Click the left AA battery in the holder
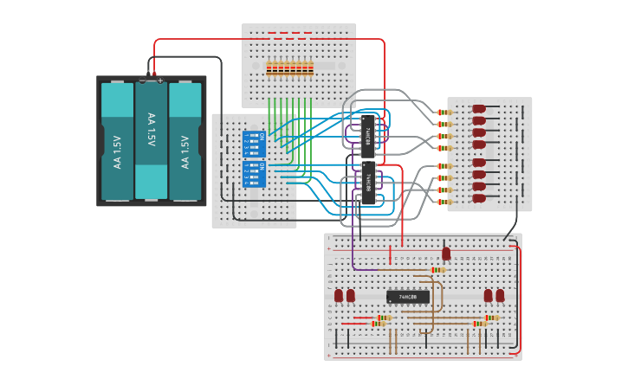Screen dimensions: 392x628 (117, 140)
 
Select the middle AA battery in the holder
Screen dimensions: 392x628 (151, 140)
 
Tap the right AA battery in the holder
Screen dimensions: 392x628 (185, 140)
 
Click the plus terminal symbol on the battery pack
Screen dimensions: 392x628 (160, 80)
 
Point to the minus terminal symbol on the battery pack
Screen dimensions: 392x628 (142, 80)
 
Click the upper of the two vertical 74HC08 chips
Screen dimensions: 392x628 (368, 135)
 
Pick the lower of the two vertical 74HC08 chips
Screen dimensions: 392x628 (368, 183)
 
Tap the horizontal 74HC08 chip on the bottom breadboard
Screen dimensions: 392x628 (407, 297)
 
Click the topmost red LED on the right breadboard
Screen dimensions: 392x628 (478, 110)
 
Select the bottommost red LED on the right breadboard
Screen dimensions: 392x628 (478, 198)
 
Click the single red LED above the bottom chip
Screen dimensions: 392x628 (446, 254)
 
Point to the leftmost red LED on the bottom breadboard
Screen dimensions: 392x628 (339, 296)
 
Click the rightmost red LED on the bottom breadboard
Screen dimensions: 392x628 (500, 296)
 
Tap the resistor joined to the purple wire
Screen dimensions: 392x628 (438, 270)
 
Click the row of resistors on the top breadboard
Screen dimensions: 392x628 (289, 67)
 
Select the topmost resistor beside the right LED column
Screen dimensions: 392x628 (443, 112)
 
